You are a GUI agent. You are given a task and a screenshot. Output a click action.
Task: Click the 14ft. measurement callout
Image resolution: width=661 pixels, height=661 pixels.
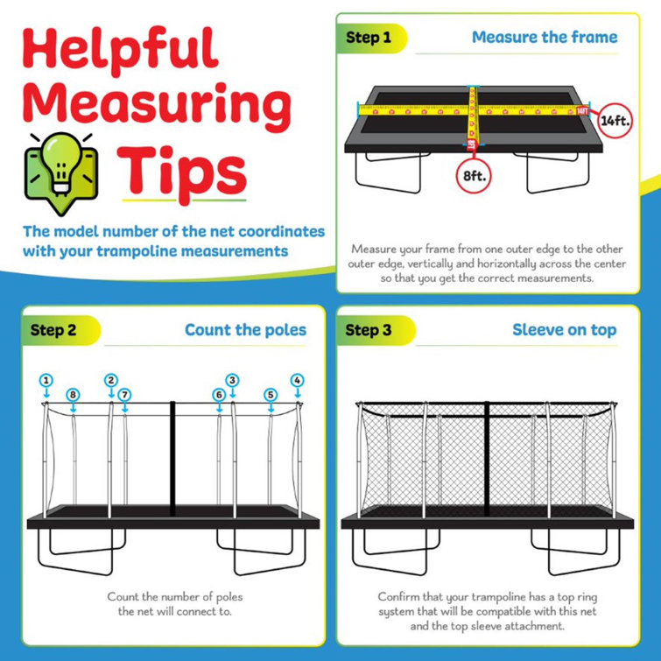pyautogui.click(x=611, y=121)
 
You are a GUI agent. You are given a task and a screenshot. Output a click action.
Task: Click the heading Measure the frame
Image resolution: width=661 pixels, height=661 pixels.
pyautogui.click(x=544, y=38)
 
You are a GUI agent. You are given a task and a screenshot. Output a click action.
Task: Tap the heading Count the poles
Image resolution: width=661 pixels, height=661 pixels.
pyautogui.click(x=245, y=330)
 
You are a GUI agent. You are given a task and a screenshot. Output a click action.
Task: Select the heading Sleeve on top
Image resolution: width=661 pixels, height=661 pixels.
pyautogui.click(x=564, y=330)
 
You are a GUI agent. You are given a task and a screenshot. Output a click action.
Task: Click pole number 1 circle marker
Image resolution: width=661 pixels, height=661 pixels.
pyautogui.click(x=46, y=380)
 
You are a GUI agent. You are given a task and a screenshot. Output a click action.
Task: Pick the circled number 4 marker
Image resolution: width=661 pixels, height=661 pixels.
pyautogui.click(x=297, y=380)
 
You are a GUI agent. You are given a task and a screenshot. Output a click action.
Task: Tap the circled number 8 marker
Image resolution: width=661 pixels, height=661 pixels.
pyautogui.click(x=73, y=395)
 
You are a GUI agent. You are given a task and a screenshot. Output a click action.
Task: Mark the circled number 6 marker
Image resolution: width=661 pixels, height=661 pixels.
pyautogui.click(x=219, y=395)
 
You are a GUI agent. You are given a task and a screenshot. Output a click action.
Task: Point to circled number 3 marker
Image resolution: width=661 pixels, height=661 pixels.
pyautogui.click(x=232, y=380)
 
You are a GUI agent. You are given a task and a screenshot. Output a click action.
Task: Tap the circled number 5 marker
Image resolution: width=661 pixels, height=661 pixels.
pyautogui.click(x=271, y=395)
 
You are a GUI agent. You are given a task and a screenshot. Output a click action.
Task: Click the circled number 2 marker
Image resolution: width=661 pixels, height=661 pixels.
pyautogui.click(x=110, y=380)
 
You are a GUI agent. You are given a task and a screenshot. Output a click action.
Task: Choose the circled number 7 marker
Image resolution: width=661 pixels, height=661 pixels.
pyautogui.click(x=124, y=395)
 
